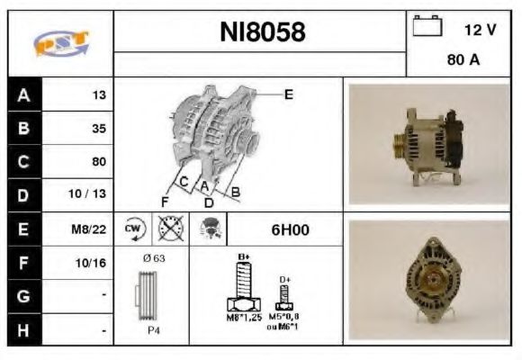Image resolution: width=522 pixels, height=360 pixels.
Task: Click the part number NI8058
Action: pos(262,32)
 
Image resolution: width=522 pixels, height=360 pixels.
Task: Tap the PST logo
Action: pos(58,43)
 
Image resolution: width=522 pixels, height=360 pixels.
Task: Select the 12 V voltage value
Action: pos(480,30)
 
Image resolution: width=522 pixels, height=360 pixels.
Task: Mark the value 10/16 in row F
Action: pos(93,263)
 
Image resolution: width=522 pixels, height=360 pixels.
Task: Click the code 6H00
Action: pos(290,229)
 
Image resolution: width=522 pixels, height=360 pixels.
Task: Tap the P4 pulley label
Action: pos(155,329)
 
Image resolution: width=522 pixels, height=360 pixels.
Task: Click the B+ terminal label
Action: pos(243,258)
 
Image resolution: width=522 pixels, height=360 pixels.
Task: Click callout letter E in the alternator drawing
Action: pos(288,94)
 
